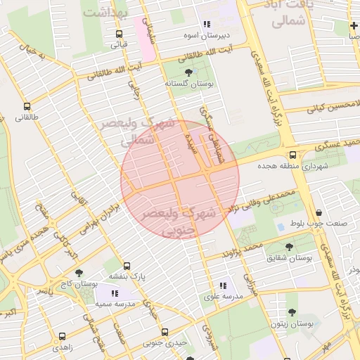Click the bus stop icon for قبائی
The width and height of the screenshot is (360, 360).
118,33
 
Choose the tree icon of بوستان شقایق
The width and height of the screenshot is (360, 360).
289,247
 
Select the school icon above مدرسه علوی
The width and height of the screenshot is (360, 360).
223,285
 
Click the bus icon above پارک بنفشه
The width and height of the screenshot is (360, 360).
127,266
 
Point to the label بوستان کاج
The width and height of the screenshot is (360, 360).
77,284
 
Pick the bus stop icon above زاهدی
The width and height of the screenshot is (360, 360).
62,336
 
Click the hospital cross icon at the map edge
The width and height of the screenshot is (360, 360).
353,26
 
